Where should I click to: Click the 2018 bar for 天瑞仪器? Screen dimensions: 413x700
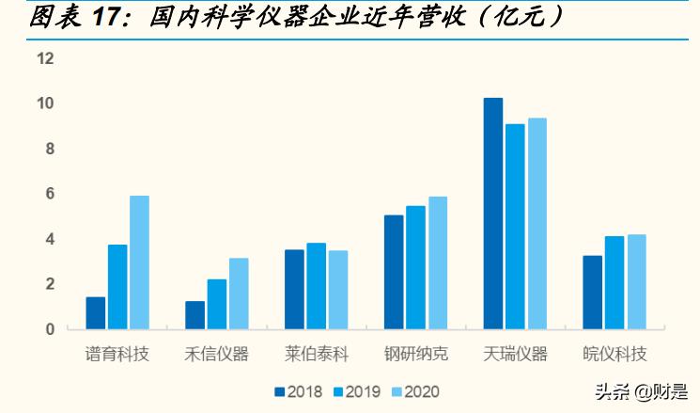(x=493, y=214)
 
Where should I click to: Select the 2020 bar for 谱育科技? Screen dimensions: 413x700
(x=139, y=262)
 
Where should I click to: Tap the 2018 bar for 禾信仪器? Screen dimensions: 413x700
(x=195, y=315)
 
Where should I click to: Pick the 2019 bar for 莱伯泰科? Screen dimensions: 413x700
(x=317, y=286)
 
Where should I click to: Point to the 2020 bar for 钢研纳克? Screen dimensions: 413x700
(x=438, y=262)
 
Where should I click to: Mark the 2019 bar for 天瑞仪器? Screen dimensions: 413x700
(x=515, y=227)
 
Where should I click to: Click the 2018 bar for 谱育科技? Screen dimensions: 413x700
(x=96, y=313)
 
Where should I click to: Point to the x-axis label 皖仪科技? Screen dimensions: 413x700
(x=614, y=355)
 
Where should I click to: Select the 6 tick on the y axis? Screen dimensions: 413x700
(x=50, y=194)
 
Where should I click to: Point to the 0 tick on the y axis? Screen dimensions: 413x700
(x=50, y=329)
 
